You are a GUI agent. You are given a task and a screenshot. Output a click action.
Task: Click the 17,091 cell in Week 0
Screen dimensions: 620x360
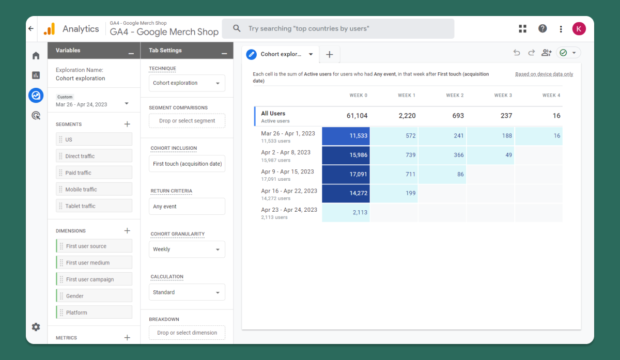click(346, 175)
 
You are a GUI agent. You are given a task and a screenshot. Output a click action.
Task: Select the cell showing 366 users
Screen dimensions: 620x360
click(442, 155)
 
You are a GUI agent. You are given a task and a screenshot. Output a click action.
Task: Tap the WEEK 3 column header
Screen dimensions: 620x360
click(503, 95)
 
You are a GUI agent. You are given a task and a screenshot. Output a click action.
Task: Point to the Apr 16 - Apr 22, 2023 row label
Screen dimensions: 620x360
click(289, 191)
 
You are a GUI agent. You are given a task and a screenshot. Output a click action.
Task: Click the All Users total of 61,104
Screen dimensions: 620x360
click(357, 116)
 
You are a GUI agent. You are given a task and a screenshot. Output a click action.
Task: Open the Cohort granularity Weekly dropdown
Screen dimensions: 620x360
click(187, 249)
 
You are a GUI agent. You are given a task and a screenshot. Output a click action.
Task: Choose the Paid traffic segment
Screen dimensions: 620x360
click(94, 173)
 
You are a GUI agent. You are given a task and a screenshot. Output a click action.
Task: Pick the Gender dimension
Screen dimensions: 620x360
click(94, 296)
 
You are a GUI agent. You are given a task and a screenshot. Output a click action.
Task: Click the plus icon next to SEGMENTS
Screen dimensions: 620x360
click(127, 124)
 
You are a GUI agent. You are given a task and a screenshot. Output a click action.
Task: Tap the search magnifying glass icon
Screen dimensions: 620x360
click(237, 28)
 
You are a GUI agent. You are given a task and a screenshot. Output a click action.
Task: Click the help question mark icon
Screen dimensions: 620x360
click(542, 28)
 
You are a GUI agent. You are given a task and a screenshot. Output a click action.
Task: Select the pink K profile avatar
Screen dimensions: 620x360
click(579, 29)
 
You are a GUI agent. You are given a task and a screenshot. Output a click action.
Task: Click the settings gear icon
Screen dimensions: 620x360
click(36, 327)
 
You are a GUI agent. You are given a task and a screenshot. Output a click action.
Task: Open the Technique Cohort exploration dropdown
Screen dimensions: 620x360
click(187, 83)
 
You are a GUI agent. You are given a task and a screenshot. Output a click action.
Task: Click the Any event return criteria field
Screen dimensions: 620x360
click(187, 207)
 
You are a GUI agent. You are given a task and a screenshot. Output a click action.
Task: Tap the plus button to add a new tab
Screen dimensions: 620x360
click(330, 55)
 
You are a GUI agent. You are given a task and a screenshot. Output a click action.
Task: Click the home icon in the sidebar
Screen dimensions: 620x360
click(36, 56)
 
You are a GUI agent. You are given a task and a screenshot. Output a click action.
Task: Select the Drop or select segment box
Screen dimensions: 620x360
click(187, 121)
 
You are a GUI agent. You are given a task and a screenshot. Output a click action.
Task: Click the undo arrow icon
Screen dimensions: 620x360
click(517, 53)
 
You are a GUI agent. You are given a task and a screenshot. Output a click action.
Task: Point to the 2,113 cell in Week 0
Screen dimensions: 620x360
click(346, 212)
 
